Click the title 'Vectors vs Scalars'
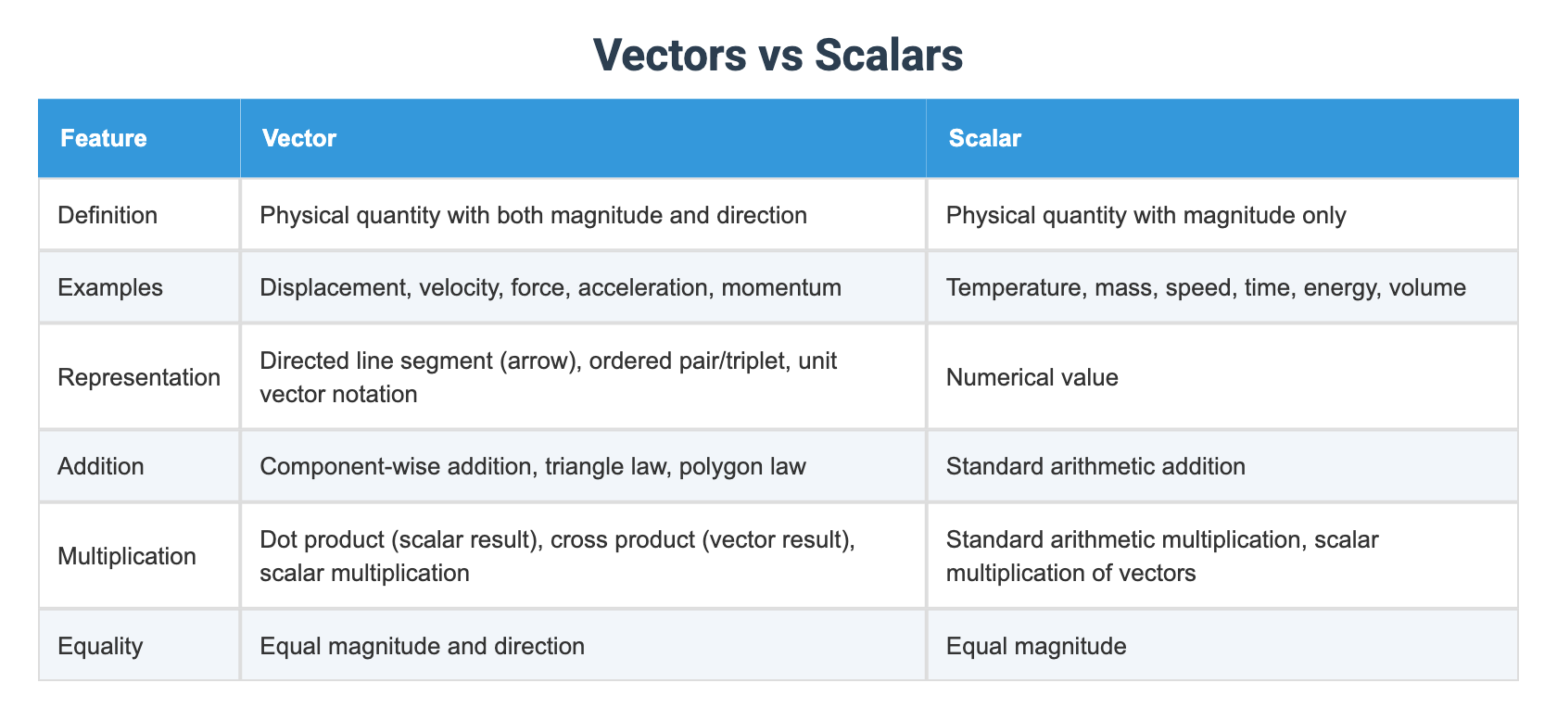778,55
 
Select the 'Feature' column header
104,138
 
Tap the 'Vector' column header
298,138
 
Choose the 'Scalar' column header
985,138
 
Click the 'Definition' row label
108,216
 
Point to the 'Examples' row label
110,288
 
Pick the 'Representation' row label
139,377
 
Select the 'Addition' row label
101,466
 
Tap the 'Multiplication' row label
127,556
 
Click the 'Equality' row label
101,647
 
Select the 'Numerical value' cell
1032,377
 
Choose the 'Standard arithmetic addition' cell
1095,466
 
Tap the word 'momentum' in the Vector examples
781,288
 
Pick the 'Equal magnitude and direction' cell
422,647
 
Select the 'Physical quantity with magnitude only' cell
1146,216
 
